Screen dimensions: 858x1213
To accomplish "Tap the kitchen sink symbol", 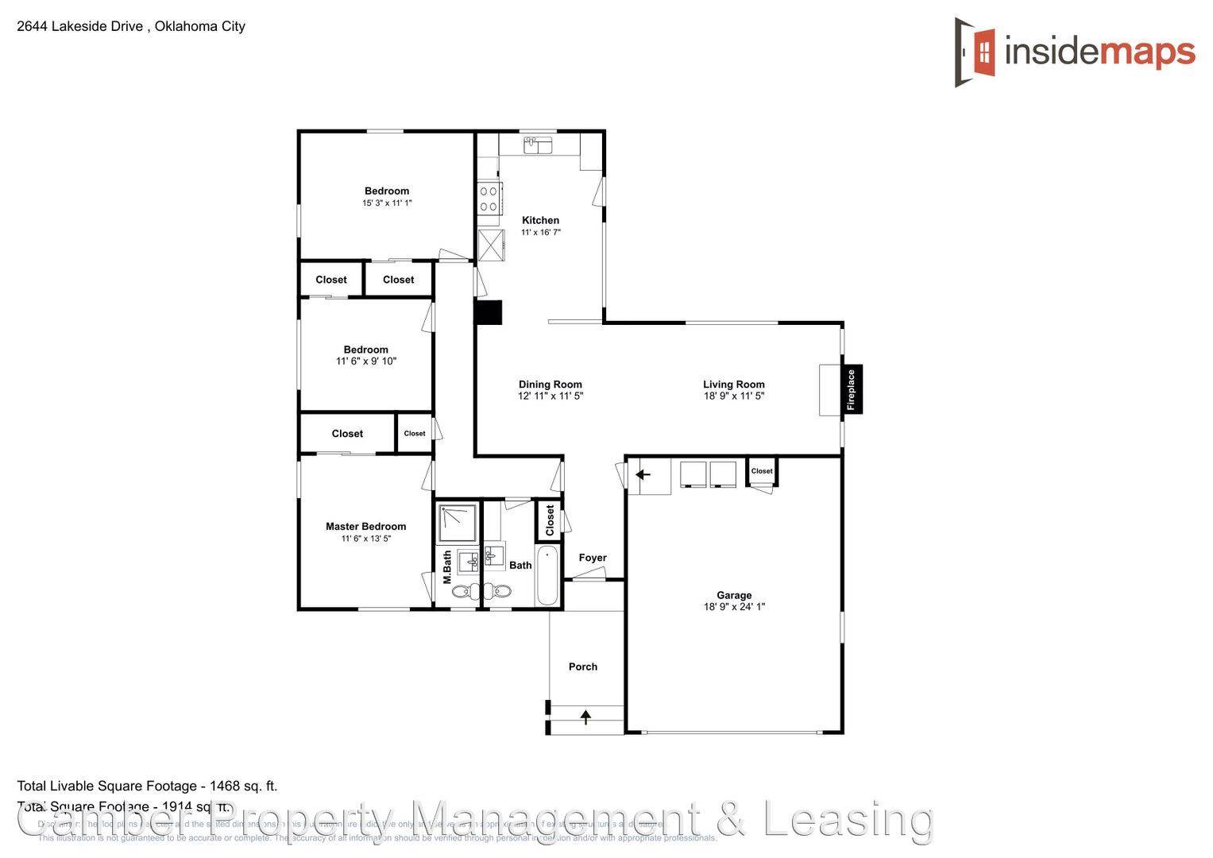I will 538,145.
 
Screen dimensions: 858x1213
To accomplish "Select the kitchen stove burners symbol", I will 489,199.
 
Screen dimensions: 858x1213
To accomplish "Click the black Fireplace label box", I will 852,389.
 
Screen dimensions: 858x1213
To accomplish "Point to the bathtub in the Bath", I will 547,576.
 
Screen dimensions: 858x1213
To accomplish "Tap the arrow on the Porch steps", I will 586,718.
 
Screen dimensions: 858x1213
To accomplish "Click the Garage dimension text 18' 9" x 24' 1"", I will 734,607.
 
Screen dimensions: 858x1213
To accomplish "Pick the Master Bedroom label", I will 365,526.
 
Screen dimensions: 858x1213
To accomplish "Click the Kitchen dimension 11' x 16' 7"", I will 540,233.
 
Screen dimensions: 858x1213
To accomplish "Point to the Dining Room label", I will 550,385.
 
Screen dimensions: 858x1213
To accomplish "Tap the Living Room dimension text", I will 733,396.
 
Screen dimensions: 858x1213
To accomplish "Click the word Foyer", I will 593,558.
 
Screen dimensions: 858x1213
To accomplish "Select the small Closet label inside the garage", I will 762,471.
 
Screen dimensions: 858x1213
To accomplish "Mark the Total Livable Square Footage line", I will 147,786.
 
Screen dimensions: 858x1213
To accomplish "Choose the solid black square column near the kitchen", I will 489,312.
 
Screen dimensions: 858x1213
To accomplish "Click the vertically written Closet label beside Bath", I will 550,520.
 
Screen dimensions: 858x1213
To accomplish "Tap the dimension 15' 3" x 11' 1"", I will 387,203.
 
